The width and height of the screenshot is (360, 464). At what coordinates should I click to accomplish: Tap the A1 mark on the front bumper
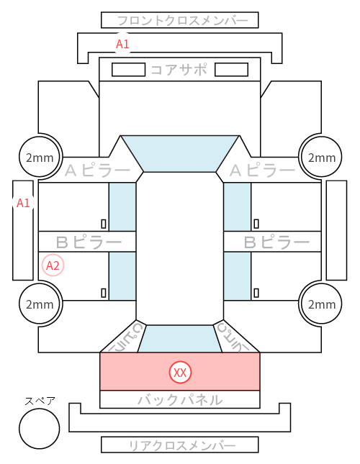pyautogui.click(x=122, y=44)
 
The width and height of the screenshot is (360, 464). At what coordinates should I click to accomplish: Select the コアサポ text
pyautogui.click(x=179, y=70)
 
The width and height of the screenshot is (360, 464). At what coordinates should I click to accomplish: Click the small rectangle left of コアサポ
pyautogui.click(x=128, y=70)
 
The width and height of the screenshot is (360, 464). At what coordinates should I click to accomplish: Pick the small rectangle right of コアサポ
pyautogui.click(x=231, y=70)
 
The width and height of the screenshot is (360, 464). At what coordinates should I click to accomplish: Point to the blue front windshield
pyautogui.click(x=180, y=153)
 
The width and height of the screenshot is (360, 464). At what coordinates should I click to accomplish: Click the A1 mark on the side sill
pyautogui.click(x=23, y=203)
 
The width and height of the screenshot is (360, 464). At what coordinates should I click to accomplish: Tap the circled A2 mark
pyautogui.click(x=53, y=265)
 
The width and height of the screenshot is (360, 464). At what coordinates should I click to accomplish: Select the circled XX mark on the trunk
pyautogui.click(x=180, y=372)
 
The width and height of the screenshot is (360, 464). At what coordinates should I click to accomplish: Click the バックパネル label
pyautogui.click(x=180, y=400)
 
